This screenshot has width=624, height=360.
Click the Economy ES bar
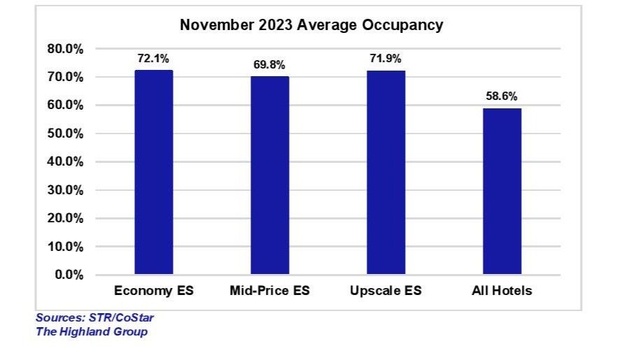point(153,172)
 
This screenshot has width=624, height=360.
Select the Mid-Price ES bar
point(269,175)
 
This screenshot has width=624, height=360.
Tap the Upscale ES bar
point(386,172)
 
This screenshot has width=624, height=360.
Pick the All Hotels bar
point(502,191)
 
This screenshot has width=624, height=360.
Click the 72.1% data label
point(153,59)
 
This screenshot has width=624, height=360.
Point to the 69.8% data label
point(269,65)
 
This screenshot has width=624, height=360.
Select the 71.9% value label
point(386,59)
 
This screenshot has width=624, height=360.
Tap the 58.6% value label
point(502,96)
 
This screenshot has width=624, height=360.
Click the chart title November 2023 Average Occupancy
point(311,25)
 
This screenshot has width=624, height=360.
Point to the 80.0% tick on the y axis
point(65,49)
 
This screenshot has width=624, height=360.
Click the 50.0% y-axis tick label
point(65,134)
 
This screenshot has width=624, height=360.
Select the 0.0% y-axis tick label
point(68,275)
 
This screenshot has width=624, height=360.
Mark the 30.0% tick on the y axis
point(65,190)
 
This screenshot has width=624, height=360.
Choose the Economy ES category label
point(153,291)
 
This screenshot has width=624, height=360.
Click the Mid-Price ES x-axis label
point(269,291)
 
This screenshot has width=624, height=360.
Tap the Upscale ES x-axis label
point(386,291)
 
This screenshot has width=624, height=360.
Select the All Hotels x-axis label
point(502,291)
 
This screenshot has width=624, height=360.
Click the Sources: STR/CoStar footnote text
point(94,318)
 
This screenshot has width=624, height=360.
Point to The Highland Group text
point(91,331)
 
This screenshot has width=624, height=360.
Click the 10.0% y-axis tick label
point(65,247)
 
